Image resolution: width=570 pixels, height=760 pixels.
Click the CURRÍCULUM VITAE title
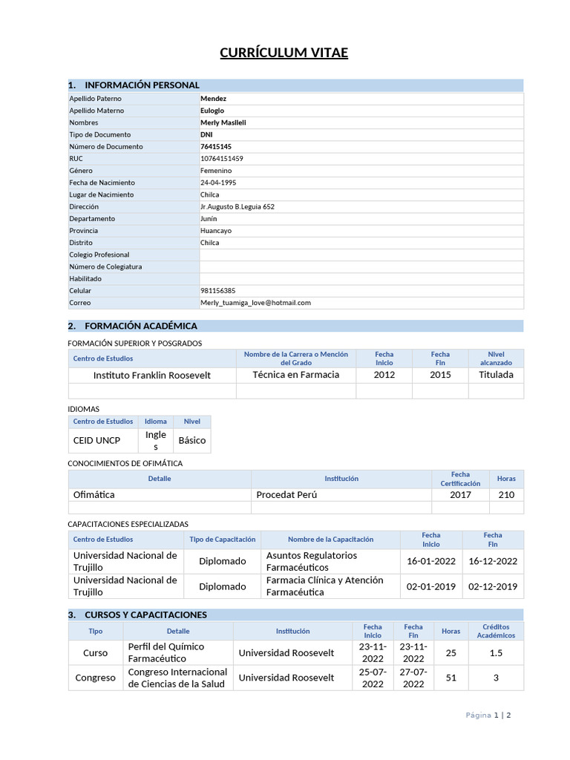284,53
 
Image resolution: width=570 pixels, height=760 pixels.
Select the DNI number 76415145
216,147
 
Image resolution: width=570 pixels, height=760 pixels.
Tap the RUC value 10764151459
222,159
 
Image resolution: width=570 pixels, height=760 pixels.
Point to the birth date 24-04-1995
218,183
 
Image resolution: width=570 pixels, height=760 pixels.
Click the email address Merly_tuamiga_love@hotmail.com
255,303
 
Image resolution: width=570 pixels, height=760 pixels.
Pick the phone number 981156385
218,291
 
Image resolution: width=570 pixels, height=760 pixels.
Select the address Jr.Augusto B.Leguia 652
237,207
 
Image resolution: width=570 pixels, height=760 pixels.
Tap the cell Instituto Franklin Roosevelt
151,376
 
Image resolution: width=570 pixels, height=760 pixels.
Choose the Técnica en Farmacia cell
295,375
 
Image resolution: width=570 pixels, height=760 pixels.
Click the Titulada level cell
496,375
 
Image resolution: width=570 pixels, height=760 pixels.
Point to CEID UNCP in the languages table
96,441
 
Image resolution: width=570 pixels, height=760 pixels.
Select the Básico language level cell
192,441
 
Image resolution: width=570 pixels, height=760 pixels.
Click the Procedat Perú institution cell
286,494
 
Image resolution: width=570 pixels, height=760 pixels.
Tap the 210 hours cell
506,494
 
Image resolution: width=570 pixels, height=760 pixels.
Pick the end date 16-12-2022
493,562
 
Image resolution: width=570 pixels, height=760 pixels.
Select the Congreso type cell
96,678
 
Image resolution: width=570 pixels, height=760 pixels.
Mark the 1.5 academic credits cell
496,653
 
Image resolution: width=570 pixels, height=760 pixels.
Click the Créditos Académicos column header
496,631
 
